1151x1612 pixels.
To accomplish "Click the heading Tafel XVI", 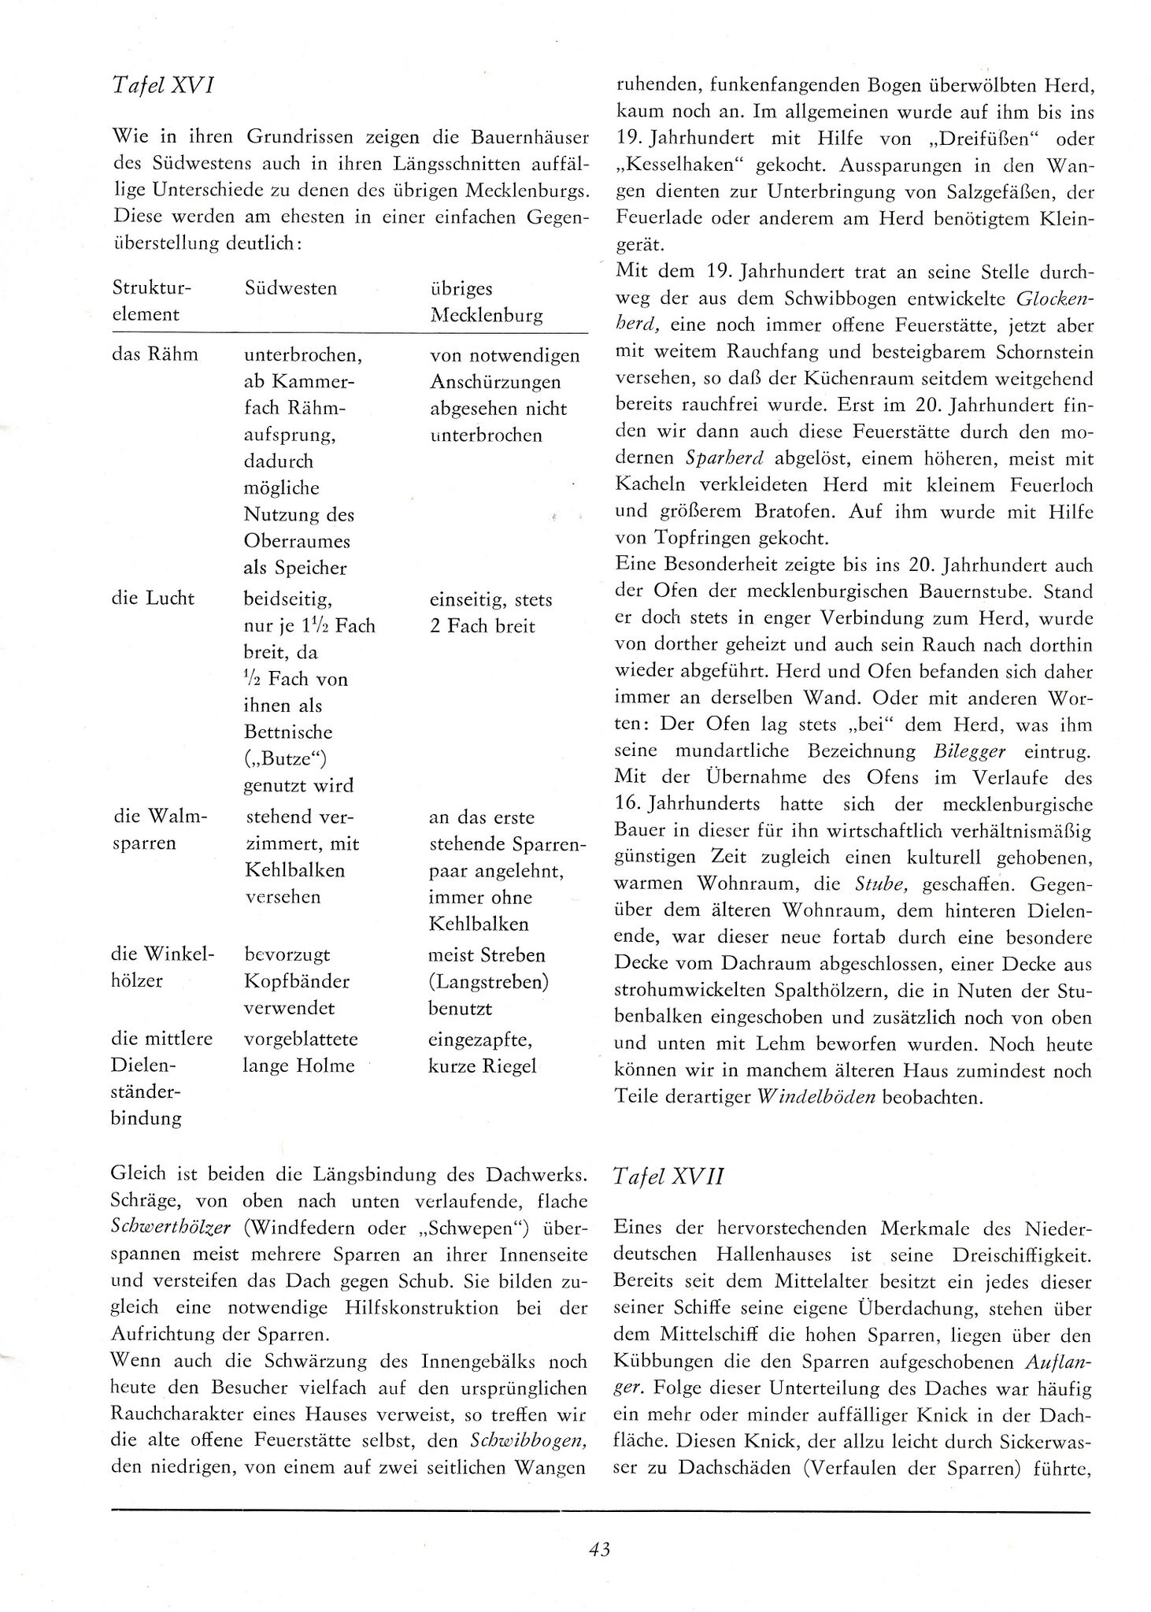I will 165,85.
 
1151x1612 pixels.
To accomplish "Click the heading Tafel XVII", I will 668,1176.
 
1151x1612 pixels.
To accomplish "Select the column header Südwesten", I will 291,288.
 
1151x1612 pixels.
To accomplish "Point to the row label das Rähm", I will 155,354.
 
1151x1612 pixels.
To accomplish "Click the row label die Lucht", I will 154,598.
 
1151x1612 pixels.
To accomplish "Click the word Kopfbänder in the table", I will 297,981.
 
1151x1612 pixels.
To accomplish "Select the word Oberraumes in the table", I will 297,542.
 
